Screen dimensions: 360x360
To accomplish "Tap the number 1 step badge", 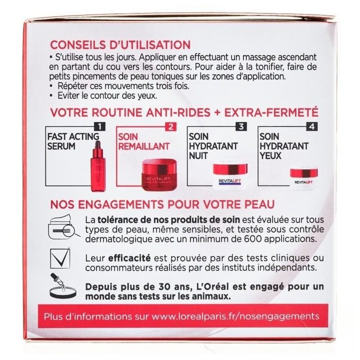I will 100,126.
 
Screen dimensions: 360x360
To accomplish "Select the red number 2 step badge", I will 171,126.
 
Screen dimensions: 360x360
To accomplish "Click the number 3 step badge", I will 241,126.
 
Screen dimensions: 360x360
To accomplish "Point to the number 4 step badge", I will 312,126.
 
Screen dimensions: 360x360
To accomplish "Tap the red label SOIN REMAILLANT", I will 143,141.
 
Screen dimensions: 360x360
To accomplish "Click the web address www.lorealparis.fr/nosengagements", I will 235,316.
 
